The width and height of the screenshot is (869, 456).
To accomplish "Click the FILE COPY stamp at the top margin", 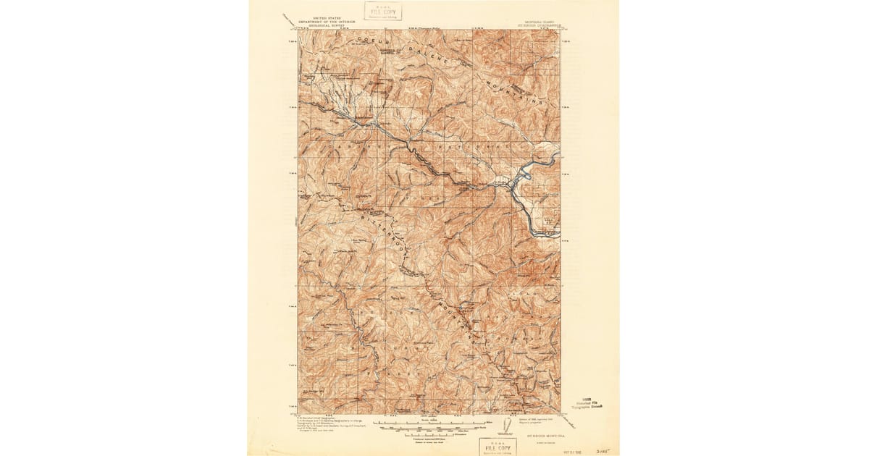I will pos(382,11).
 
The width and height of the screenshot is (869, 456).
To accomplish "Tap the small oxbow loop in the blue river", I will pos(526,174).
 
